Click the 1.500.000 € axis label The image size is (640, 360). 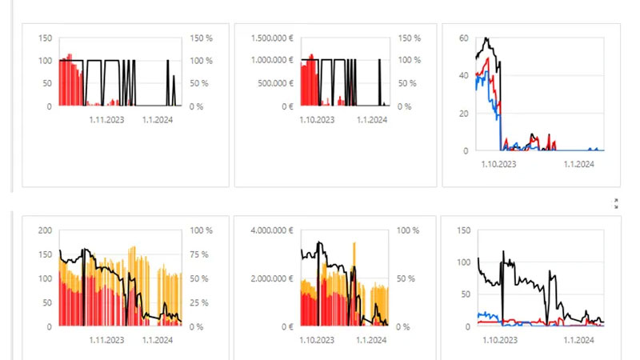tap(272, 38)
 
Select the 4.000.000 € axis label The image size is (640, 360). tap(272, 230)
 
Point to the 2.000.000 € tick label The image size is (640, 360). tap(272, 278)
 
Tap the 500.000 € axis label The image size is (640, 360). tap(275, 83)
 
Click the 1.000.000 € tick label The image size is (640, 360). tap(272, 60)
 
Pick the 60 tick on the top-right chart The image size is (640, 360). tap(464, 38)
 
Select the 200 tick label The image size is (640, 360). tap(46, 230)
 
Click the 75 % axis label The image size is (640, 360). tap(199, 254)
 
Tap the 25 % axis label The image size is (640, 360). tap(199, 302)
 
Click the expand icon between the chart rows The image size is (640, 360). tap(616, 204)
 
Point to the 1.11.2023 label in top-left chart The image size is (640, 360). tap(106, 119)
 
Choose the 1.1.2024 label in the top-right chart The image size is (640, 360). tap(578, 164)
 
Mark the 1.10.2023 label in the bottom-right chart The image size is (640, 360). tap(500, 340)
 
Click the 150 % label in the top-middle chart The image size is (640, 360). tap(410, 38)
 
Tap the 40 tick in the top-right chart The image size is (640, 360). tap(464, 75)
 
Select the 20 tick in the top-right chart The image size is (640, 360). tap(464, 114)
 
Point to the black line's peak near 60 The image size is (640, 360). tap(486, 38)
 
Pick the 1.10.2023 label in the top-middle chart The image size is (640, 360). tap(317, 119)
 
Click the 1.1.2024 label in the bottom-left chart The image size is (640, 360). tap(158, 340)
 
